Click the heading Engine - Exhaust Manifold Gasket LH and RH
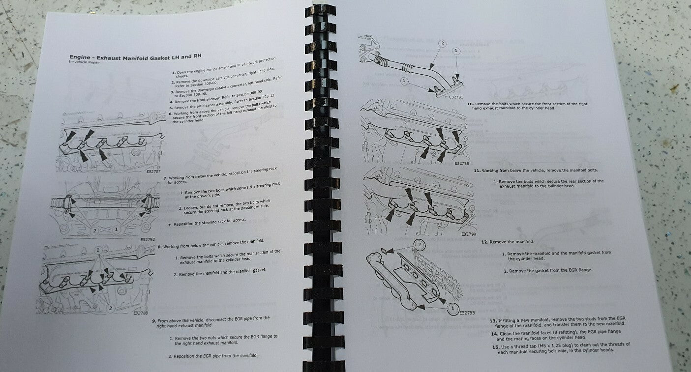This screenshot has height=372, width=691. [135, 57]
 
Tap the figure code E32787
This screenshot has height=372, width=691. [154, 172]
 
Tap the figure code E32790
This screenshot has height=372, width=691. [469, 234]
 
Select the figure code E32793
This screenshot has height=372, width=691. [467, 313]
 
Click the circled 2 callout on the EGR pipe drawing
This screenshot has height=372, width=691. [442, 43]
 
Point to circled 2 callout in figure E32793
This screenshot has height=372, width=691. [419, 244]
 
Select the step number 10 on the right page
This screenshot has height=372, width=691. [470, 104]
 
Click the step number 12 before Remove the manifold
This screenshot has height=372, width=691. [484, 242]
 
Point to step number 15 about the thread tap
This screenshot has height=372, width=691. [495, 346]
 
